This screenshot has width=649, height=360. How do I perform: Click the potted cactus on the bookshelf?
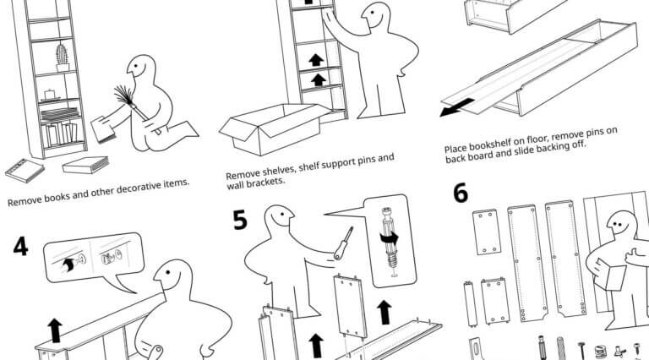(62, 56)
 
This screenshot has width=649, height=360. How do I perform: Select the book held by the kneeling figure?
(104, 129)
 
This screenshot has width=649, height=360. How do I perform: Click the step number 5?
(241, 220)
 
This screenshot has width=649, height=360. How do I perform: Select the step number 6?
(461, 194)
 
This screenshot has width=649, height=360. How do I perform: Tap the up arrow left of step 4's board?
(55, 328)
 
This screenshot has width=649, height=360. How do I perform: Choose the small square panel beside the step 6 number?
(486, 231)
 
